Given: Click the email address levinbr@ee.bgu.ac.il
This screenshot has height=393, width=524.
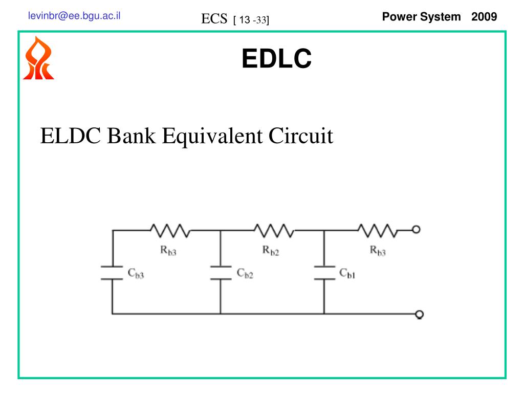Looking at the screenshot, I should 74,15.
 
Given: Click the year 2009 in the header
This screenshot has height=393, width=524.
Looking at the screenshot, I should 484,16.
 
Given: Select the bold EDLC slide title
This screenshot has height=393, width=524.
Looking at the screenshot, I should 276,58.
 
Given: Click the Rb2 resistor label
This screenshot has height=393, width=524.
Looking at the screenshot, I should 271,251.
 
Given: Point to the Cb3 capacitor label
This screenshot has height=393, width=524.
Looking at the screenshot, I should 136,274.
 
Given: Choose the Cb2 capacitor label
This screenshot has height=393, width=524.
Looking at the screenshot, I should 245,274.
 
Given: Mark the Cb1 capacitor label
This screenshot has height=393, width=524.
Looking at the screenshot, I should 347,274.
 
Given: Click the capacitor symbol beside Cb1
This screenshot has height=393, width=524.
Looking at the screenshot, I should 323,273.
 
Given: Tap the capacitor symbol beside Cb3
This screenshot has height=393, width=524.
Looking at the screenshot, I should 112,273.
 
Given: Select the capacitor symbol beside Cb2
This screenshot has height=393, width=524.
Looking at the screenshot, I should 221,273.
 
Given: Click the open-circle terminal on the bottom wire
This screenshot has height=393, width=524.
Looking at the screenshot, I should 420,314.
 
